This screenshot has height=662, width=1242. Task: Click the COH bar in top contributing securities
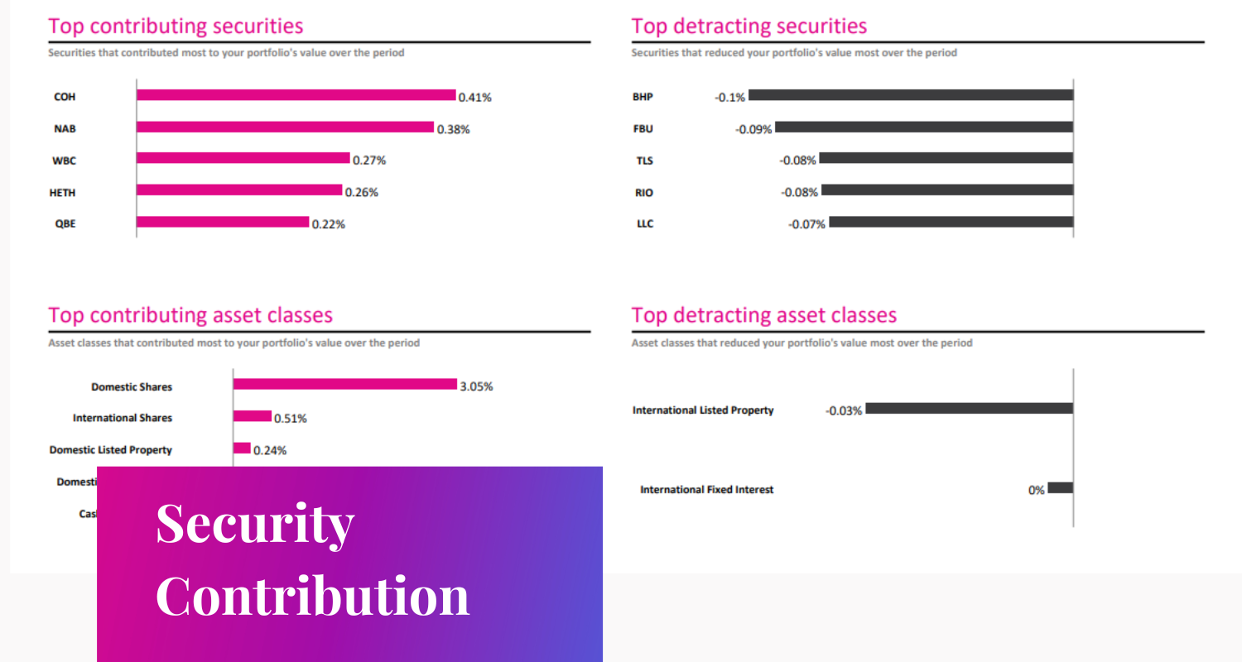[296, 95]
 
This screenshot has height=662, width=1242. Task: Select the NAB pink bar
[285, 127]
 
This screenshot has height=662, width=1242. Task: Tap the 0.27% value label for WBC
[369, 161]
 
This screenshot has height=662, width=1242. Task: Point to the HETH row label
[62, 193]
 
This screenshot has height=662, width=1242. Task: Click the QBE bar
[222, 223]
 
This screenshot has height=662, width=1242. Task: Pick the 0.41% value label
[475, 97]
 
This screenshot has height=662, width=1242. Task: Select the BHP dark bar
[910, 95]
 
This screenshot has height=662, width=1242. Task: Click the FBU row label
[643, 128]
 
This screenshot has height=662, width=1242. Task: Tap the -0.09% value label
[753, 129]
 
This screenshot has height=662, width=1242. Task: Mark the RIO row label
[643, 193]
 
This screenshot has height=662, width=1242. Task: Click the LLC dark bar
[951, 222]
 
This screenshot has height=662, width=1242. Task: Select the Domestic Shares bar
[344, 384]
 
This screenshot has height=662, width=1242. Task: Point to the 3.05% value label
[476, 386]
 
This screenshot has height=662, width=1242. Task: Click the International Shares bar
[252, 416]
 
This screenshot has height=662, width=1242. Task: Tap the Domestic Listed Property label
[111, 450]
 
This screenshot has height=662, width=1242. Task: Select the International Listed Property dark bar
[969, 409]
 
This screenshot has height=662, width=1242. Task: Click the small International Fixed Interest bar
[1060, 488]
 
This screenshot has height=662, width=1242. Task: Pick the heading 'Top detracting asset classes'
[763, 315]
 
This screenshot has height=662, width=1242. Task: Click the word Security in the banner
[255, 523]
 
